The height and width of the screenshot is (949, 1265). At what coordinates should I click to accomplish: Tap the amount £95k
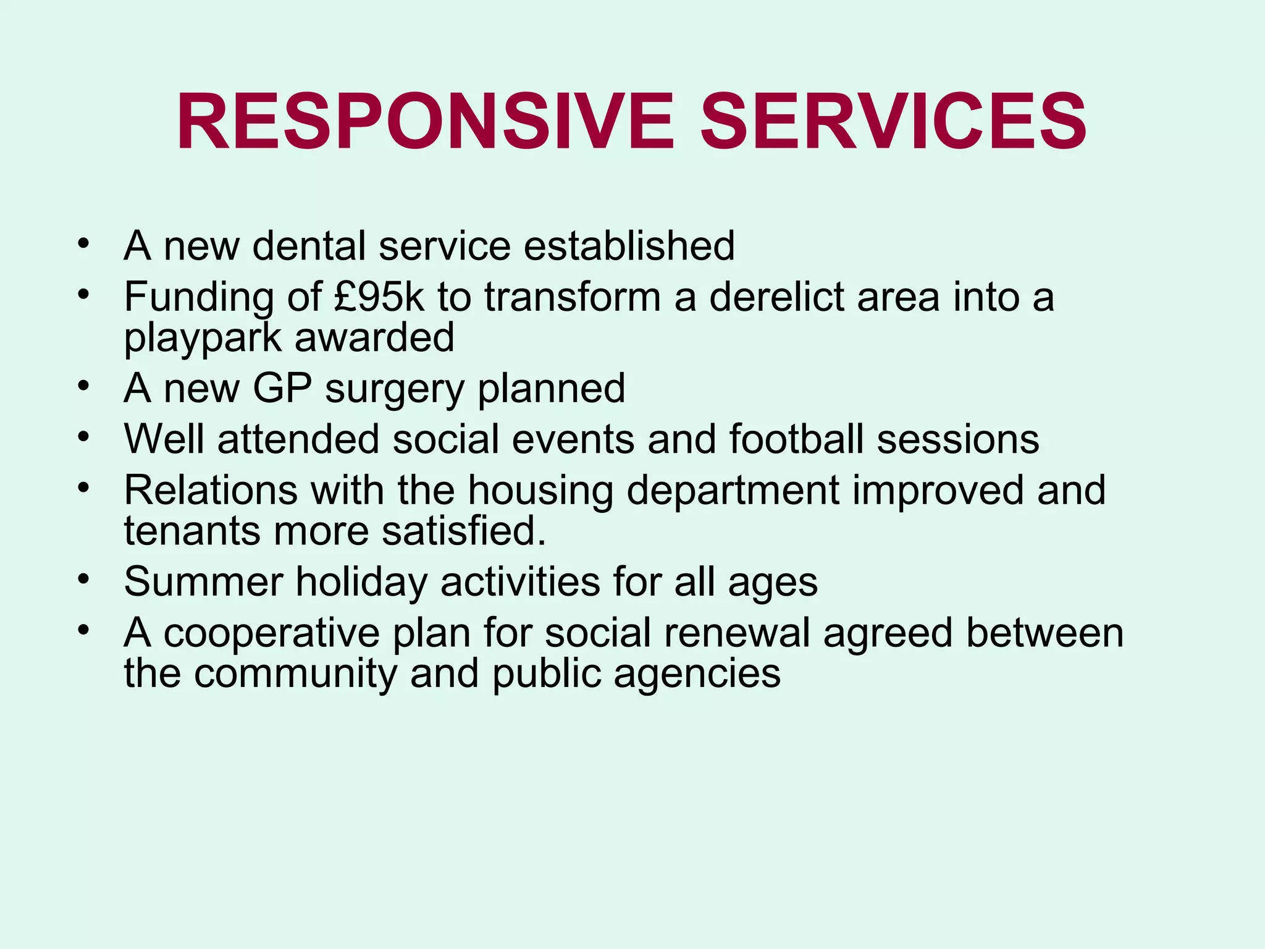(379, 297)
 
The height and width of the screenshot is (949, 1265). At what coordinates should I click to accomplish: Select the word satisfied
(464, 531)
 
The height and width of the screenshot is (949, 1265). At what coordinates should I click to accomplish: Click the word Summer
(203, 582)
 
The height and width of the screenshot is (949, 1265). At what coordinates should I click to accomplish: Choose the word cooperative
(271, 635)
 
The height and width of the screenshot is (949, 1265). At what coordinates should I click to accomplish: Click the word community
(295, 673)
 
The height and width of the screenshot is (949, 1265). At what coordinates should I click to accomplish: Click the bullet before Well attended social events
(83, 437)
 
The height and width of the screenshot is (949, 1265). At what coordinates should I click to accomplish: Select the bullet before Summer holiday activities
(83, 580)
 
